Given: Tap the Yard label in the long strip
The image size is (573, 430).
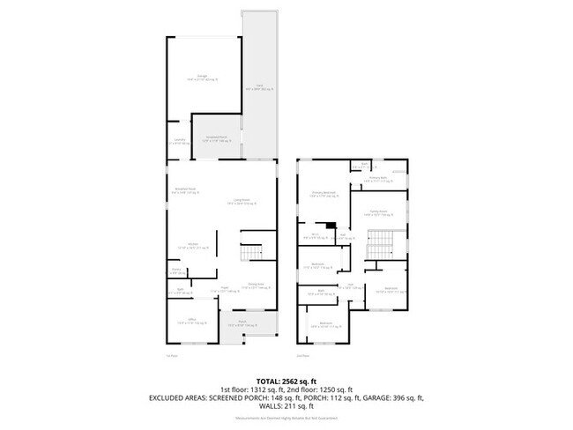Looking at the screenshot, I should click(x=259, y=87).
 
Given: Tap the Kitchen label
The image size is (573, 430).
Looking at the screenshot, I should click(x=191, y=246).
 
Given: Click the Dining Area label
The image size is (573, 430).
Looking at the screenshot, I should click(x=256, y=285).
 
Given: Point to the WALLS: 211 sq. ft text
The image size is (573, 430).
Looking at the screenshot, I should click(x=286, y=407).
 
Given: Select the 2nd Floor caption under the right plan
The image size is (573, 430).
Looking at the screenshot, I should click(x=302, y=356).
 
